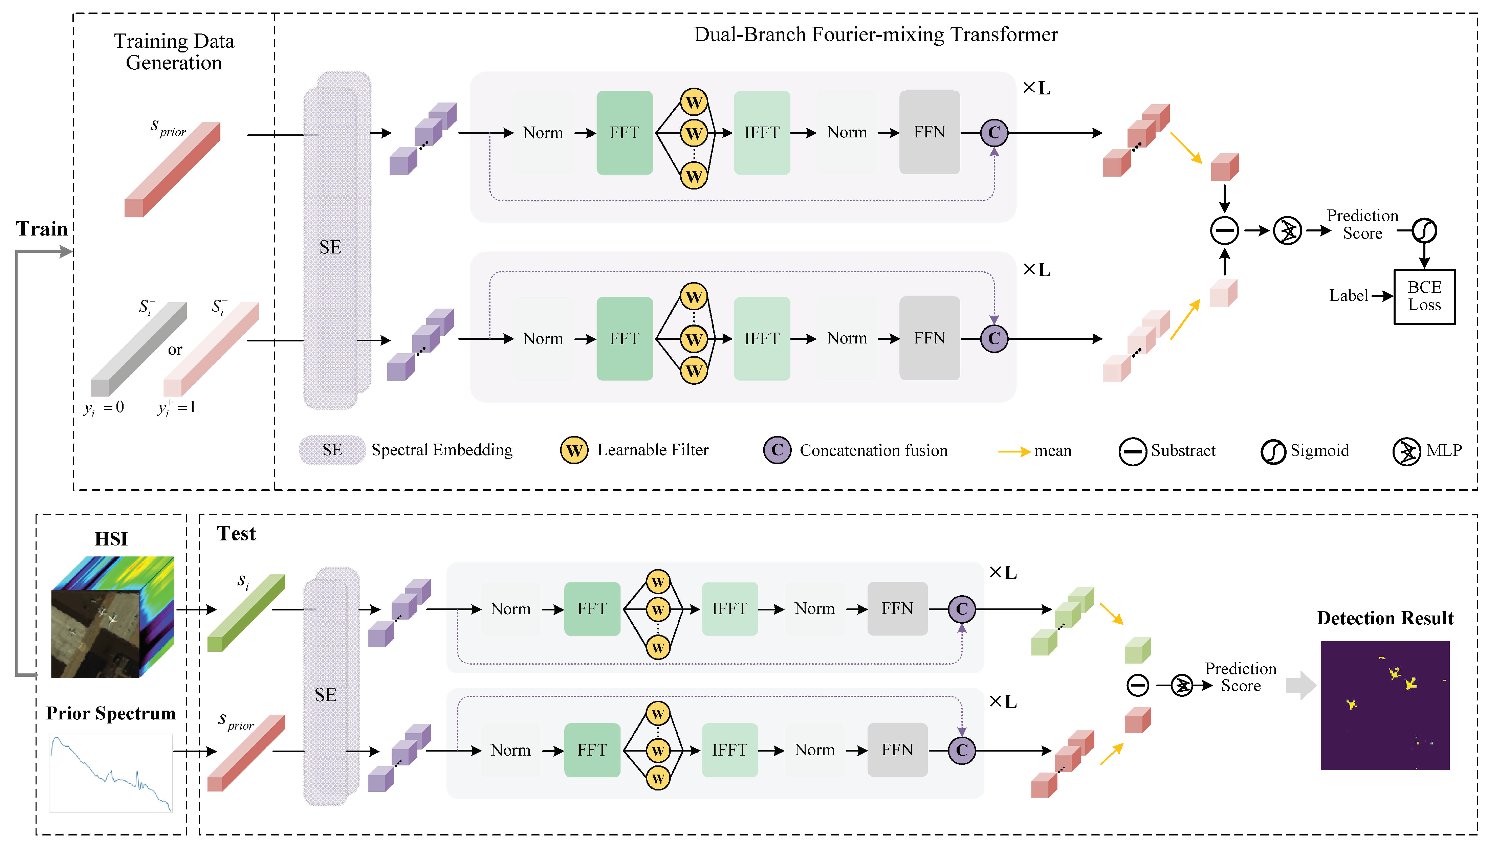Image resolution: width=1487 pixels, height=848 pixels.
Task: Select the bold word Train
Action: coord(41,229)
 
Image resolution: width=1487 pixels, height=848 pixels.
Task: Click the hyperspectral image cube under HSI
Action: coord(112,617)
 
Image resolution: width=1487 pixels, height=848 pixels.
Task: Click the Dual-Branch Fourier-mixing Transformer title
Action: coord(875,35)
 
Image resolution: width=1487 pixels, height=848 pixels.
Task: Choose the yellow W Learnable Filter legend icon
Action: coord(574,450)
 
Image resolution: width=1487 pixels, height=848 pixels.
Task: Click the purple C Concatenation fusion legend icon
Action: coord(777,450)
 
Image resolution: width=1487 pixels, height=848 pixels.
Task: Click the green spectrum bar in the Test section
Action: coord(246,613)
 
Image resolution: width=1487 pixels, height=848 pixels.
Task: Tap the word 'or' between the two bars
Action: coord(175,350)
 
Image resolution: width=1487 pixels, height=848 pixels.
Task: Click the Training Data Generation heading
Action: coord(174,52)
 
